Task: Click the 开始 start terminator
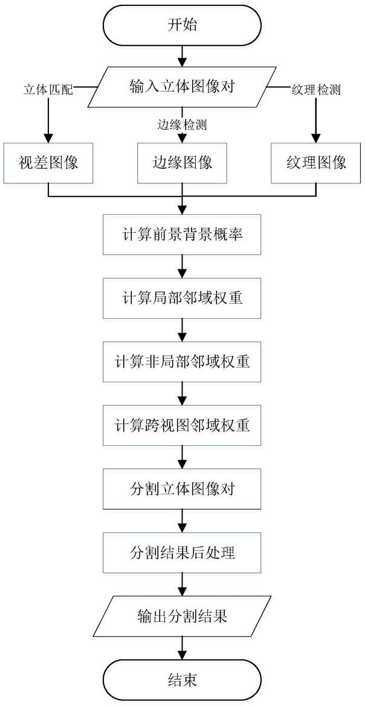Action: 182,27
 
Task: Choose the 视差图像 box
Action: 48,163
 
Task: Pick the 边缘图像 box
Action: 182,163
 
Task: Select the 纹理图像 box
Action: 315,163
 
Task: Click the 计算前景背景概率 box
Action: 182,234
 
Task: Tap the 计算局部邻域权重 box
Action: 182,298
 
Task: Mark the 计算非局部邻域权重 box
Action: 182,362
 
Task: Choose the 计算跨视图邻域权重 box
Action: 182,425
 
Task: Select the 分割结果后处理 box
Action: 182,552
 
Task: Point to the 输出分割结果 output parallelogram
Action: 182,616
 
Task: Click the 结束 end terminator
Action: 182,680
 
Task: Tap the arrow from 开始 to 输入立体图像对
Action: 182,56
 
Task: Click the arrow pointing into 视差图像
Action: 48,121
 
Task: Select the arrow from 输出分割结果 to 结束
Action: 182,649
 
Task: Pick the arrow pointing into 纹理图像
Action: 315,121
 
